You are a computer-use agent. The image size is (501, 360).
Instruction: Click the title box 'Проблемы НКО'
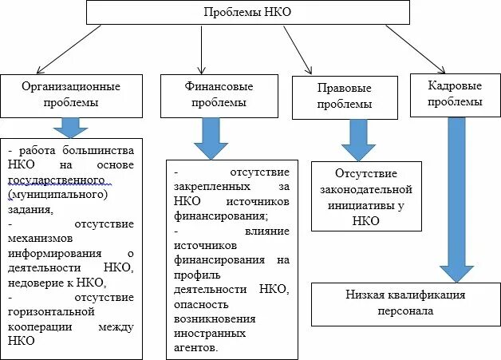point(247,13)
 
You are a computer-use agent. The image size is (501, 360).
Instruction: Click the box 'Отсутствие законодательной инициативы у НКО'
point(366,196)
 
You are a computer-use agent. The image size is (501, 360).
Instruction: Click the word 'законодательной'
point(366,189)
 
